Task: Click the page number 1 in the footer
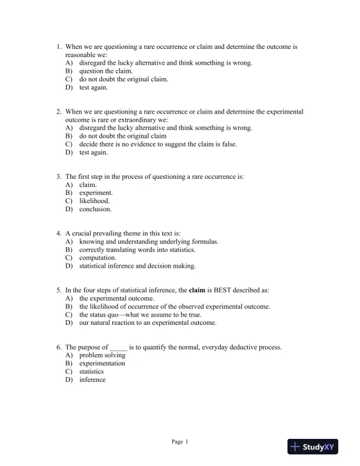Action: coord(186,441)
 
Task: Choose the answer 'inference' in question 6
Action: coord(92,380)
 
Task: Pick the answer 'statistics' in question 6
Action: coord(91,371)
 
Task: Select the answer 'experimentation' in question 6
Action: coord(102,363)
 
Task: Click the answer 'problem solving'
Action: coord(102,355)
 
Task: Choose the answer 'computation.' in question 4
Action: coord(98,258)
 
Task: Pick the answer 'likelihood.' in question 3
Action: coord(95,201)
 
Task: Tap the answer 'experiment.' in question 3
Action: coord(96,192)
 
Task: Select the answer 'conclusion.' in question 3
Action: coord(95,209)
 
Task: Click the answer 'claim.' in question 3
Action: coord(88,184)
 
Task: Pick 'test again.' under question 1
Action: coord(94,87)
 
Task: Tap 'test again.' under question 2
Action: coord(94,152)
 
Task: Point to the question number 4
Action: coord(59,233)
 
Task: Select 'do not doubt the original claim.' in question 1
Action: coord(124,79)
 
